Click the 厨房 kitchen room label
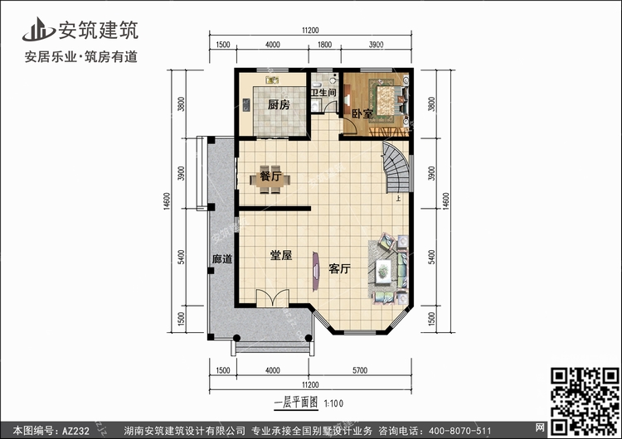point(279,105)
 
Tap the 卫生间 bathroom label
point(323,93)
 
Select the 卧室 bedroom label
point(362,114)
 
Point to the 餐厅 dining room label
point(270,176)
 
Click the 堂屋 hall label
point(281,256)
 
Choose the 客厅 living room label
point(339,269)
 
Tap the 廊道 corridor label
point(222,259)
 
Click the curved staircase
point(396,167)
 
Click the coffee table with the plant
point(384,272)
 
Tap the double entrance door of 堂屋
point(273,298)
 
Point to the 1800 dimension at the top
point(324,45)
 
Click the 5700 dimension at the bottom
point(360,370)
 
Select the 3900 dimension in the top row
point(376,45)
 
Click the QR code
point(585,401)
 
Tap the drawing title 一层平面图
point(296,403)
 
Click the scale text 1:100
point(333,403)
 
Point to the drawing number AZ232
point(75,431)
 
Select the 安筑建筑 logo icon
point(38,30)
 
